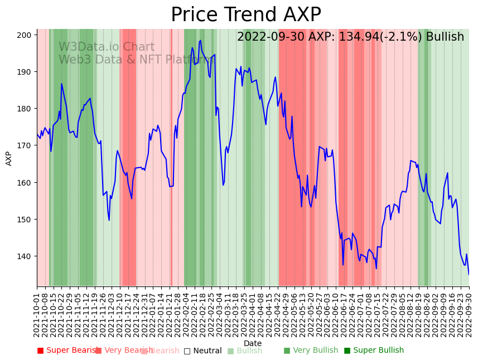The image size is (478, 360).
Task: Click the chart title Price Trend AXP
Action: coord(245,15)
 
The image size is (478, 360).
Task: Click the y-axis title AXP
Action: coord(9,158)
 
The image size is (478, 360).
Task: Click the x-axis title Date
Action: coord(253,343)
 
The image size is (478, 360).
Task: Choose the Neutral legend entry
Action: coord(202,351)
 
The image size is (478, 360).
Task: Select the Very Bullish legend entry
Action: coord(311,351)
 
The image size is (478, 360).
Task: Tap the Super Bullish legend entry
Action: coord(373,351)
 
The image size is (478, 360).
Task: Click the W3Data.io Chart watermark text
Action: coord(107,47)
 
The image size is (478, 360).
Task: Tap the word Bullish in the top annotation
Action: coord(445,37)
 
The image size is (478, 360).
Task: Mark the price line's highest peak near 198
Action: coord(200,41)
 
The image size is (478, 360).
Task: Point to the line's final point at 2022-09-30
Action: coord(469,274)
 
